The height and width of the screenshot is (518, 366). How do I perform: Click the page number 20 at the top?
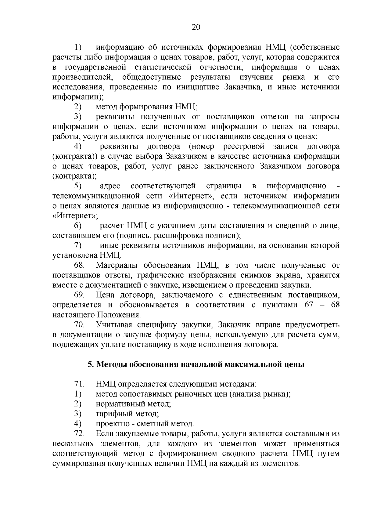click(196, 27)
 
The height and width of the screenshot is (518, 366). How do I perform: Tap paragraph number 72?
click(79, 434)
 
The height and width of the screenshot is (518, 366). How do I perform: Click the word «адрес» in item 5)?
click(109, 186)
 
